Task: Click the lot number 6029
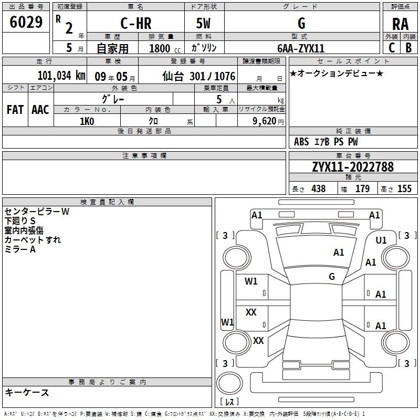(x=26, y=22)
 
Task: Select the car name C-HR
(x=136, y=23)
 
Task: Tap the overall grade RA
(x=400, y=24)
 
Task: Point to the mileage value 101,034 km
(x=61, y=75)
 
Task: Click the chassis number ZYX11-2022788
(x=353, y=167)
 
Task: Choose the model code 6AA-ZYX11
(x=301, y=48)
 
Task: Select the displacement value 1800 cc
(x=165, y=48)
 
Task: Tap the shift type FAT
(x=15, y=110)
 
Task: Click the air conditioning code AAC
(x=40, y=110)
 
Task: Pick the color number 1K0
(x=87, y=121)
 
